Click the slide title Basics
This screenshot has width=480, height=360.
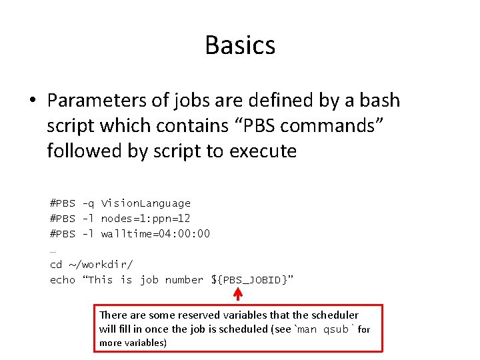(240, 45)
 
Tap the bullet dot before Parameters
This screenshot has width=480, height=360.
(33, 101)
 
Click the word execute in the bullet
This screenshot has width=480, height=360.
(263, 151)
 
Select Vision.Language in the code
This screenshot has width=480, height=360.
(146, 203)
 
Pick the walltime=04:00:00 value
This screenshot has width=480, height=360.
(155, 234)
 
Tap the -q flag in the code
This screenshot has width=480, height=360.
(88, 203)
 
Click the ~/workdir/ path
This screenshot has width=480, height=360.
(101, 265)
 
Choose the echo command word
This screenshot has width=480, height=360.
(63, 280)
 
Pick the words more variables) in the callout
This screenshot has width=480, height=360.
(133, 343)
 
